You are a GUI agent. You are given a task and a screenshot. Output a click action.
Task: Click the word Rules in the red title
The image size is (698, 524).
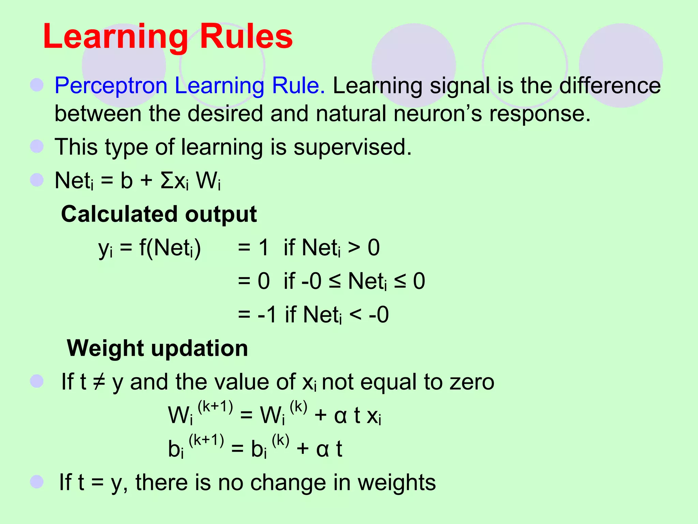(x=246, y=37)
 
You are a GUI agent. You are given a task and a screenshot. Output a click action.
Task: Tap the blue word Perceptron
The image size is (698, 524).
(x=111, y=86)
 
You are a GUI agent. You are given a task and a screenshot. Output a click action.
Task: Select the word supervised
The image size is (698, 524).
(x=352, y=147)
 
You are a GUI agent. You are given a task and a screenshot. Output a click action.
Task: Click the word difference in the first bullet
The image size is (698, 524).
(x=610, y=86)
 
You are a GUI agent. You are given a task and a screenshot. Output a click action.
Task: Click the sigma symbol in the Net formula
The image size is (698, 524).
(x=167, y=180)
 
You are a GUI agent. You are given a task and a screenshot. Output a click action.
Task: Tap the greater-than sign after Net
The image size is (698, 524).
(x=354, y=248)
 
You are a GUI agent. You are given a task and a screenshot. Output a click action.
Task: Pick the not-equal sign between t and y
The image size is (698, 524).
(x=99, y=382)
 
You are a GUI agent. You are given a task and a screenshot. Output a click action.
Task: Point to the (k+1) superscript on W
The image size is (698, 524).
(x=215, y=407)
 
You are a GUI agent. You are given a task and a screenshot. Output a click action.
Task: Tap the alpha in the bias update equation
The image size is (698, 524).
(x=322, y=449)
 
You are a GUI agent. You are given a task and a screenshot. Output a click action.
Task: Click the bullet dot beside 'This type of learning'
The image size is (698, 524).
(x=37, y=147)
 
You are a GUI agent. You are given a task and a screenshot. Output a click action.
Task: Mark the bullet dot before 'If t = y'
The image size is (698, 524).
(x=37, y=482)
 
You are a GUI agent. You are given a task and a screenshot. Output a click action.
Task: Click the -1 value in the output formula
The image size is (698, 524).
(x=267, y=315)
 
